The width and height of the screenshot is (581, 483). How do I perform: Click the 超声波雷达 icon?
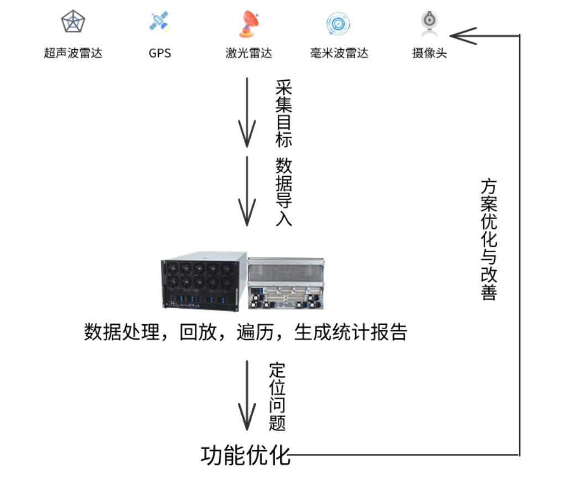73,23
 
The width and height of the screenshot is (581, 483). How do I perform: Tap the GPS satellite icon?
160,22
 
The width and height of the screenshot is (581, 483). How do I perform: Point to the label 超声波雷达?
73,53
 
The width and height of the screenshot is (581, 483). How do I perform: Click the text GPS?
160,53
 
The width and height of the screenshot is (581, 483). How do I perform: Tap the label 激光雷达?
248,53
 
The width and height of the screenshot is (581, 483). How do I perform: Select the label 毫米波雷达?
339,53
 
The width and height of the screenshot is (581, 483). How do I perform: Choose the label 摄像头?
429,53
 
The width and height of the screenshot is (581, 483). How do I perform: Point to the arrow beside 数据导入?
247,191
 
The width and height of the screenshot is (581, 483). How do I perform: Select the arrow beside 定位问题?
247,395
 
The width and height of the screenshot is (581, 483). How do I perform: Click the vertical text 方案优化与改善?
488,238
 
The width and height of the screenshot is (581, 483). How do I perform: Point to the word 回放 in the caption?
197,332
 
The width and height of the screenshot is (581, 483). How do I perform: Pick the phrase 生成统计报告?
351,332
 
